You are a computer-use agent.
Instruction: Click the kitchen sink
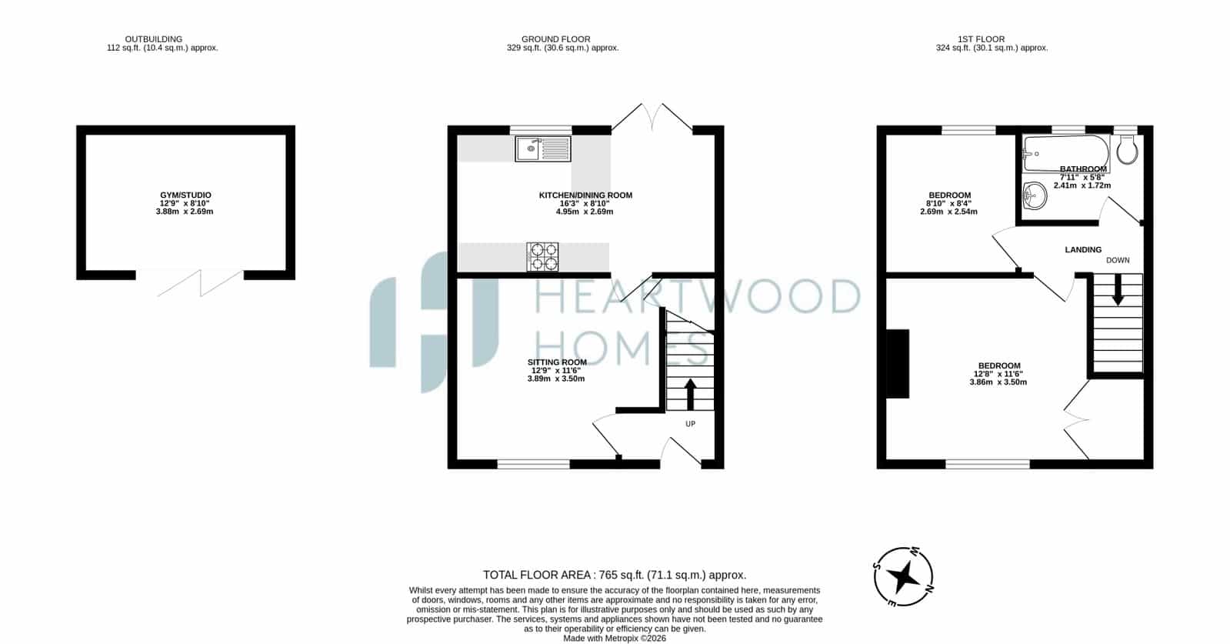543,148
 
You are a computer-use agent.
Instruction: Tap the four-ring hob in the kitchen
542,257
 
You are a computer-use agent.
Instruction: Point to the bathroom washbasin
1035,195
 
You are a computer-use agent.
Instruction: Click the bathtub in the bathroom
1065,154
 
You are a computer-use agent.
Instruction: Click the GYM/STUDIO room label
185,195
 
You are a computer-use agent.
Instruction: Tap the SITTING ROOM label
557,362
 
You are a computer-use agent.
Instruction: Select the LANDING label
1083,250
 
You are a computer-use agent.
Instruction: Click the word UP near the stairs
690,424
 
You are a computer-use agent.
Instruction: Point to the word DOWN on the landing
1118,260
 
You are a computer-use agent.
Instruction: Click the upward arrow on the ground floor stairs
690,394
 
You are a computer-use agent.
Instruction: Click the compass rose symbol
903,577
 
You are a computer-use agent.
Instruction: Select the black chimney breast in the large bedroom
898,363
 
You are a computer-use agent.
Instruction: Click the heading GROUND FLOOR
555,39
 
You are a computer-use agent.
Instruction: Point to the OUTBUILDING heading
154,39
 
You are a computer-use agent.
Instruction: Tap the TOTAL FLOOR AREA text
615,575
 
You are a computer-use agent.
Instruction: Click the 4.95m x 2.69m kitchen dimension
585,212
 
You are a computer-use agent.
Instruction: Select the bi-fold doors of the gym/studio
201,282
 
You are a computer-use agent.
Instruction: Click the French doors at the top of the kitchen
652,117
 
